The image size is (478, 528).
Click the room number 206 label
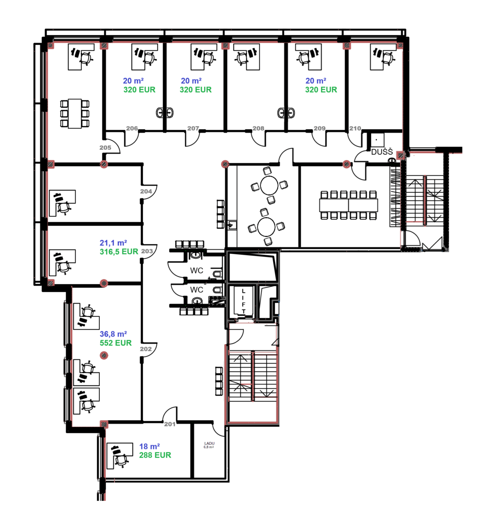click(132, 128)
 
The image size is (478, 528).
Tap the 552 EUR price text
click(116, 343)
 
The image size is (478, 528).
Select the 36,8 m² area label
click(113, 334)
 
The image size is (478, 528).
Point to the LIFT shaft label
click(243, 301)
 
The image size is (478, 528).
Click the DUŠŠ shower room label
click(382, 152)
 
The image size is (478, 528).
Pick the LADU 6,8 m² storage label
click(209, 445)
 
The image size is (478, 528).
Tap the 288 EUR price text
click(155, 455)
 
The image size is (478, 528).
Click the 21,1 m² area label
click(113, 242)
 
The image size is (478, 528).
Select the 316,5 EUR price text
click(119, 252)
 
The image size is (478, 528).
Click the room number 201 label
click(170, 424)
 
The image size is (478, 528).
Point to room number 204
click(146, 191)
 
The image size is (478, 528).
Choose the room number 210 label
click(355, 128)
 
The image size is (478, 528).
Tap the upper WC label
click(197, 270)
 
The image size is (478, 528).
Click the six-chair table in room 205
click(75, 114)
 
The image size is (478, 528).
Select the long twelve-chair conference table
click(349, 205)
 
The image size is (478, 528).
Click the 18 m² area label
click(149, 446)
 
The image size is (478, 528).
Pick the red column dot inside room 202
click(104, 356)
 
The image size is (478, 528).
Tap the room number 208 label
click(258, 128)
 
